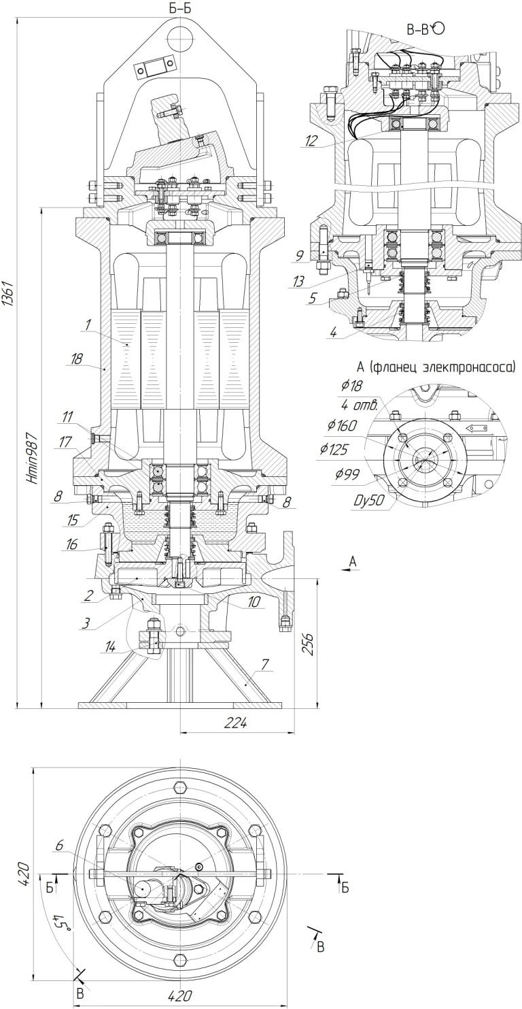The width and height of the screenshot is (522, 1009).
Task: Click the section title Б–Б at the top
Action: pos(180,9)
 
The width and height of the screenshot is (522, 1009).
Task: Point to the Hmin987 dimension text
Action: pos(33,459)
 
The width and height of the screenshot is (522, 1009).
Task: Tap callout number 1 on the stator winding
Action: pos(88,325)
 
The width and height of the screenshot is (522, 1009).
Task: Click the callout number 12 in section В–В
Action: pos(311,141)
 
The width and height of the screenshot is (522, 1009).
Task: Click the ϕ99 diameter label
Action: pos(347,474)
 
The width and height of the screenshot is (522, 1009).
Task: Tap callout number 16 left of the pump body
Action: pos(72,544)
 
